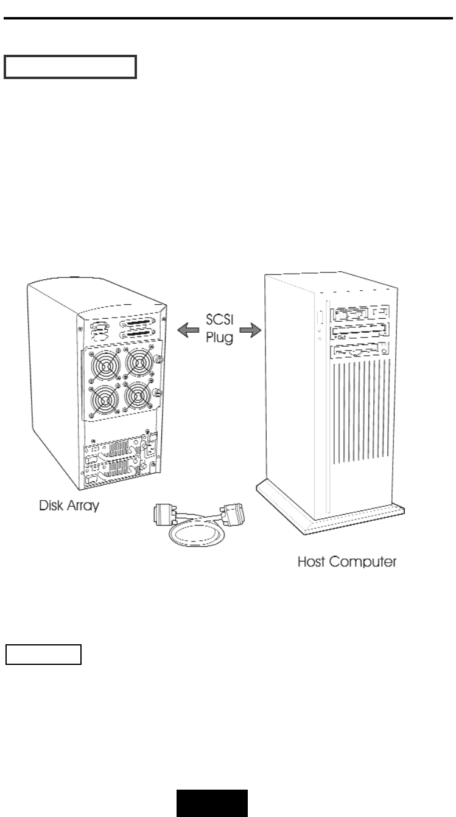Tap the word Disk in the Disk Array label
[x=53, y=505]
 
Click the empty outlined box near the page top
[x=69, y=68]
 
